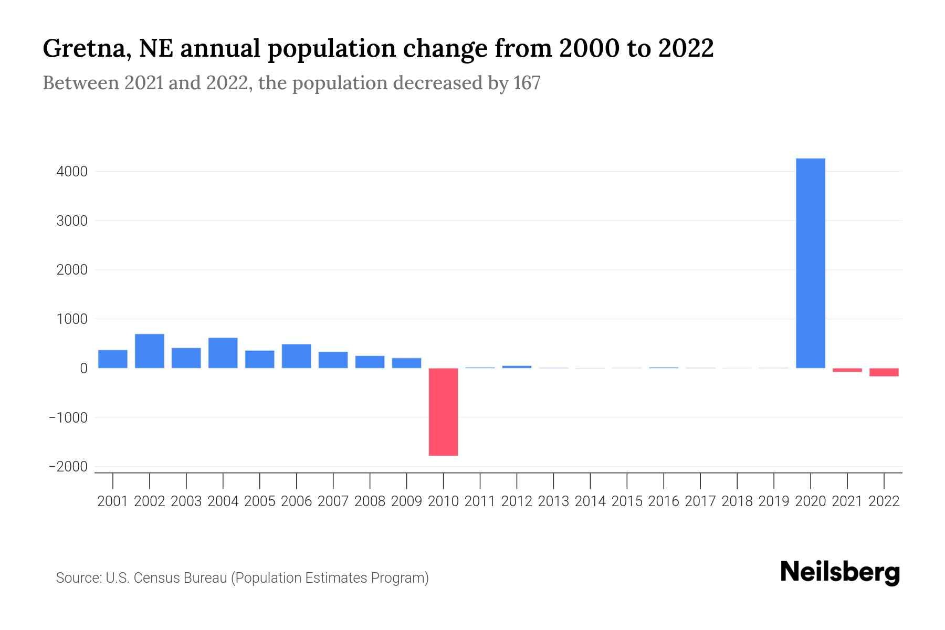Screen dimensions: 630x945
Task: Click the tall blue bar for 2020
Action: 811,262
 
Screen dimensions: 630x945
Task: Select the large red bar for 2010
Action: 443,412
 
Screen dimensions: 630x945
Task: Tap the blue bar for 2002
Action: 150,351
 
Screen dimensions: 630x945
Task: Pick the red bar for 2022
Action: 884,372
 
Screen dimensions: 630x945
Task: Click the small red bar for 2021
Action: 847,370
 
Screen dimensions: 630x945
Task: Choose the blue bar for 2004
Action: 223,353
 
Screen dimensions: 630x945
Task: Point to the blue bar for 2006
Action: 297,356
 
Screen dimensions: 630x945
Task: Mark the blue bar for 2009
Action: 406,363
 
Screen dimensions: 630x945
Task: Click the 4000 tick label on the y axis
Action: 71,172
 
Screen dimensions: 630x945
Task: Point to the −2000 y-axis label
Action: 68,467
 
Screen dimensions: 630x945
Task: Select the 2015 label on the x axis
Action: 627,501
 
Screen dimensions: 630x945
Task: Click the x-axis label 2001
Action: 113,501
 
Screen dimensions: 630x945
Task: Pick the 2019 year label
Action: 774,501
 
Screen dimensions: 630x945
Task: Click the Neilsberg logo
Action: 840,573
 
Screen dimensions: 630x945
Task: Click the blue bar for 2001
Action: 113,359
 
